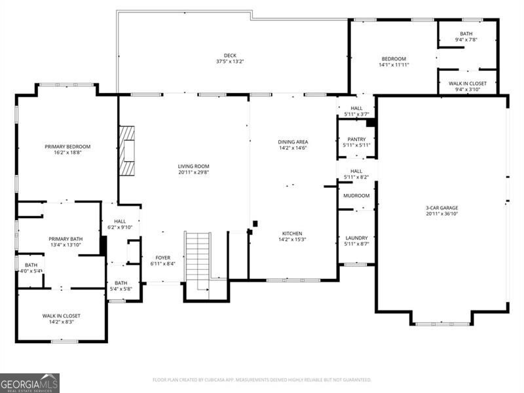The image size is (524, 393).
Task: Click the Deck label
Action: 230,56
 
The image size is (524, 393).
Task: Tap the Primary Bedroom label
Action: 67,147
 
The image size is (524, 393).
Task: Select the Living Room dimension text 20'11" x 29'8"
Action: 193,174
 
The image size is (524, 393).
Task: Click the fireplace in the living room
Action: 127,151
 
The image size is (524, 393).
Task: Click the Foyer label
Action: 162,257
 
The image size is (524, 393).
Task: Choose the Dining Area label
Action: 293,141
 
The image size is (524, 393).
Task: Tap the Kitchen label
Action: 291,233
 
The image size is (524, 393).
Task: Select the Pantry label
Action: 356,139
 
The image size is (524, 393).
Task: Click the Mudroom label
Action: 356,196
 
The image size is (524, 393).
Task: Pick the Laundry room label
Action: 356,238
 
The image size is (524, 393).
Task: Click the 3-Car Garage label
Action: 441,208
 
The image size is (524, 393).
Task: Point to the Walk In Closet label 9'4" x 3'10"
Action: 467,84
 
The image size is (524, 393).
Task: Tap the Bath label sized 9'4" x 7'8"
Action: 466,34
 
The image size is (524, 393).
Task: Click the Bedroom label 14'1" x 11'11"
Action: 394,59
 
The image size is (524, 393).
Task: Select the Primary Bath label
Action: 65,238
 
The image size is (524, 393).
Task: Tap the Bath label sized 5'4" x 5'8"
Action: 121,283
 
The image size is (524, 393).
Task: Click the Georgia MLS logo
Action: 29,383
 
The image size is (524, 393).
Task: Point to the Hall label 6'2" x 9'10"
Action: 119,221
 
